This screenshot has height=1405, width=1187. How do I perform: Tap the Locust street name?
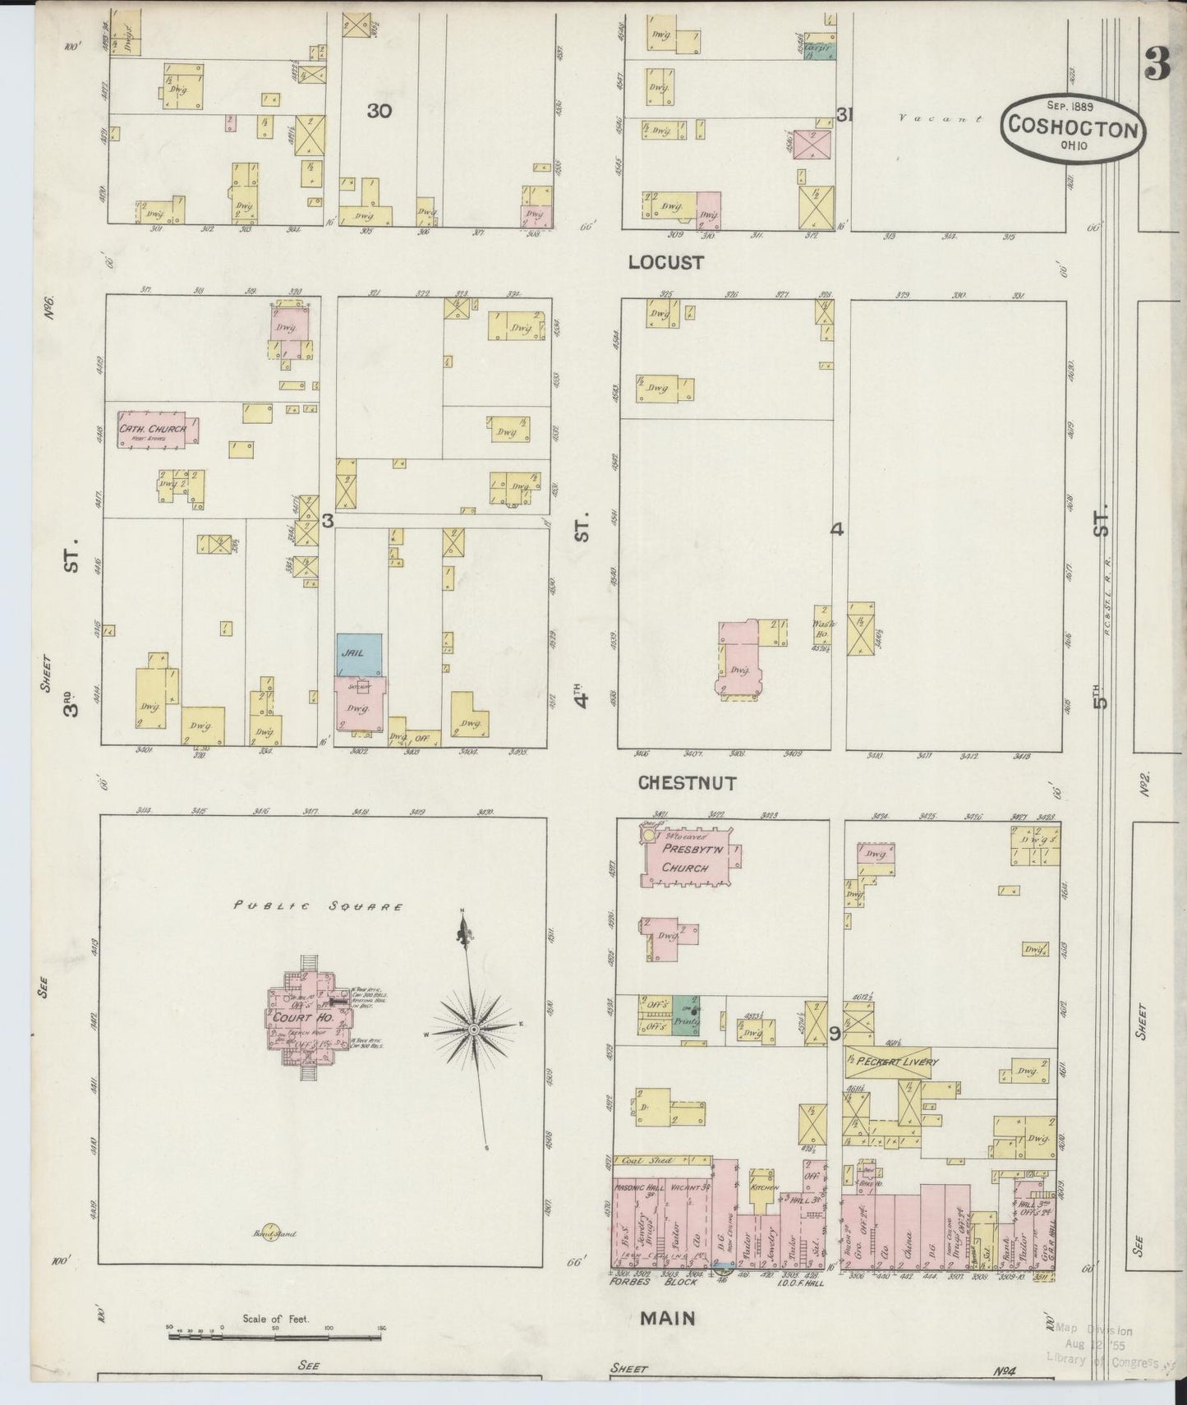pos(665,262)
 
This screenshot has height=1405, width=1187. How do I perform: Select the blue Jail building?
pos(358,655)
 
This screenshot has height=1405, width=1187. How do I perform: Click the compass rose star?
pos(474,1028)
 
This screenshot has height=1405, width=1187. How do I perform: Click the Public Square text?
pos(319,907)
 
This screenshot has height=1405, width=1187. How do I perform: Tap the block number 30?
pos(379,111)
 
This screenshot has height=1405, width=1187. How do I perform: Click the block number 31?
pos(844,115)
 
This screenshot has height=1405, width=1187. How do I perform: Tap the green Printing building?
pos(685,1015)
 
